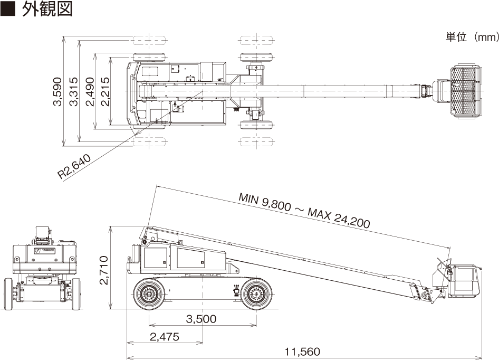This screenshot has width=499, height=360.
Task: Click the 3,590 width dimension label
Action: coord(57,91)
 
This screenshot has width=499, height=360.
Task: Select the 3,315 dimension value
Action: coord(73,91)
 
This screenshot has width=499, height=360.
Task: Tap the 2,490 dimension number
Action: coord(90,91)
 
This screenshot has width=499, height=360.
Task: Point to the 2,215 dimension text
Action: coord(104,91)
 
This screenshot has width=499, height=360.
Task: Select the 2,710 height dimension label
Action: coord(104,270)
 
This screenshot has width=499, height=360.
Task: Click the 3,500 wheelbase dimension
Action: coord(201,319)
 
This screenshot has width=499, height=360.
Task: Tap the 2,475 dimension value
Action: coord(165,336)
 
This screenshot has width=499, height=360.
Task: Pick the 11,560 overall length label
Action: coord(302,352)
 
